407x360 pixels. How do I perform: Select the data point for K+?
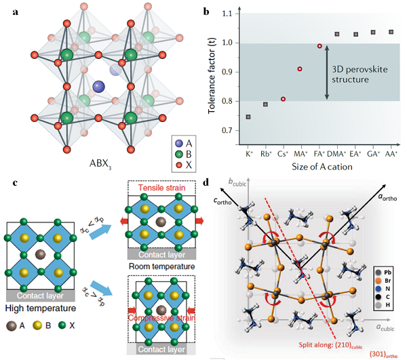pyautogui.click(x=248, y=117)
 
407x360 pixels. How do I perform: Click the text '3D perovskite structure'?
pyautogui.click(x=360, y=74)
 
